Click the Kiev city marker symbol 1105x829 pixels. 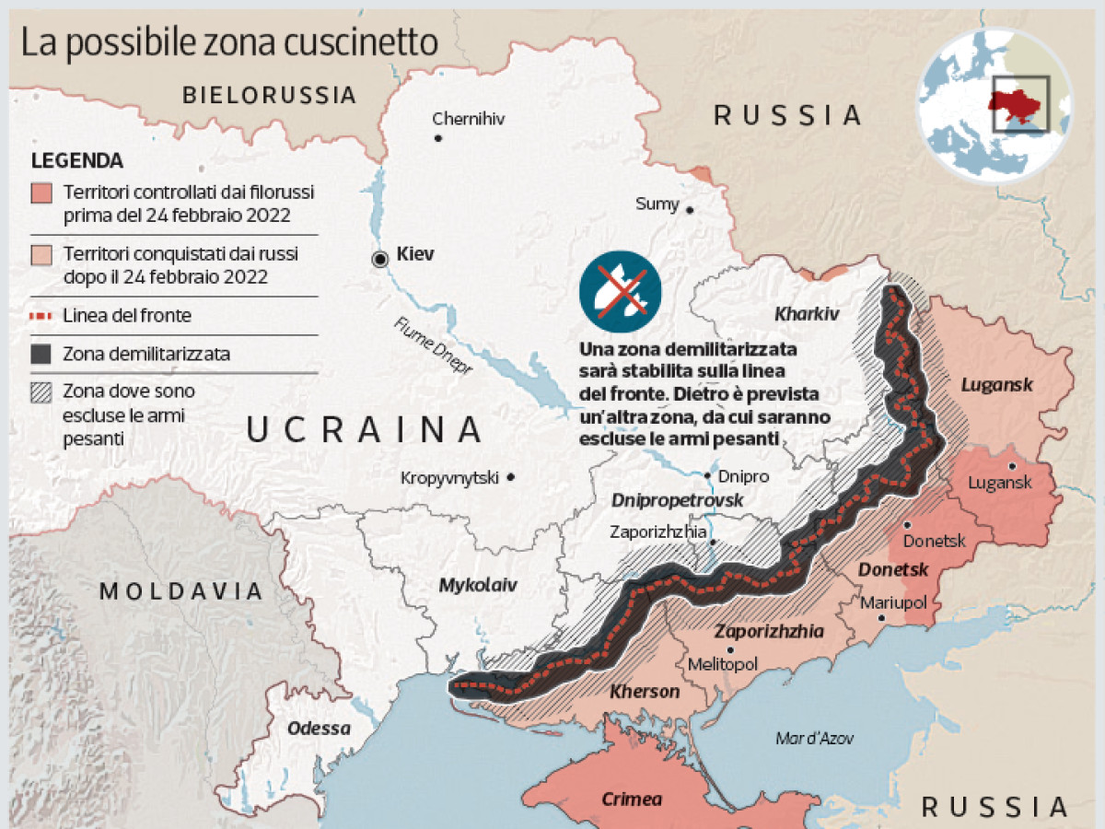coord(379,260)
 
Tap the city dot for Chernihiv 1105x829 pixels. coord(438,138)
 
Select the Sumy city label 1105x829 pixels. coord(657,204)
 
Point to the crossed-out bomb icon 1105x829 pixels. coord(620,290)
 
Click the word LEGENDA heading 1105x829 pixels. coord(77,160)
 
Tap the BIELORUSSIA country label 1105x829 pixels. coord(269,94)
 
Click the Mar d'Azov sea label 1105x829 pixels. coord(815,738)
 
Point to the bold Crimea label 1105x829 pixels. coord(632,799)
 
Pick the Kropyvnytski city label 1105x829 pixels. coord(449,477)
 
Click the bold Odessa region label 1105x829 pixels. coord(319,729)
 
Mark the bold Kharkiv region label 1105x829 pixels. coord(807,314)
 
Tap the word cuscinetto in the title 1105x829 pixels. coord(372,42)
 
